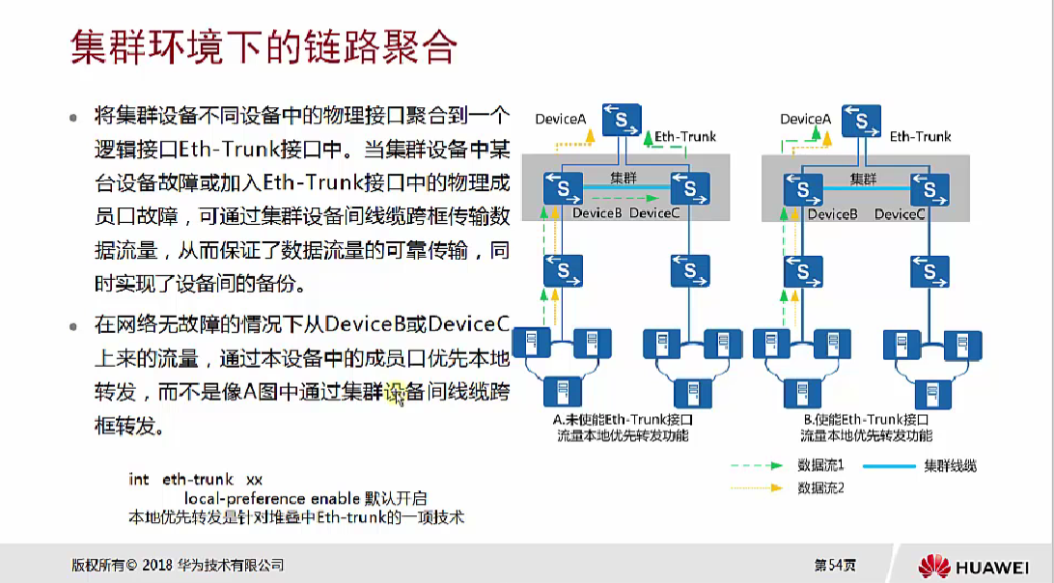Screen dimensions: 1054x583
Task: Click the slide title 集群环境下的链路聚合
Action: pyautogui.click(x=263, y=47)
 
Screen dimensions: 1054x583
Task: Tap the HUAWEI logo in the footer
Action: pyautogui.click(x=975, y=565)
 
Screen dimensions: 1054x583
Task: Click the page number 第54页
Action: pyautogui.click(x=835, y=565)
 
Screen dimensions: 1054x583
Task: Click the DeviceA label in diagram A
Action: pyautogui.click(x=561, y=119)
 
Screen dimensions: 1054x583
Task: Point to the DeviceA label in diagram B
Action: pyautogui.click(x=805, y=119)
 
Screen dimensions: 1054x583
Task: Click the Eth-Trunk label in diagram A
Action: pyautogui.click(x=685, y=137)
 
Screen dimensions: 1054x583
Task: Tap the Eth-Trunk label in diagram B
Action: pyautogui.click(x=920, y=137)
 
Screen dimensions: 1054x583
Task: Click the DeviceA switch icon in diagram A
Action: pyautogui.click(x=622, y=121)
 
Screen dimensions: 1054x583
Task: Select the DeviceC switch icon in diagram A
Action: pyautogui.click(x=690, y=186)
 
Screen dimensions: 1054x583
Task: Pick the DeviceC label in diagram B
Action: pyautogui.click(x=900, y=214)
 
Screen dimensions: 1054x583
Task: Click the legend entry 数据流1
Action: pyautogui.click(x=821, y=465)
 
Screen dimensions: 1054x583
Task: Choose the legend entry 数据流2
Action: pyautogui.click(x=821, y=488)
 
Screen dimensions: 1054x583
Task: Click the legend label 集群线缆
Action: pyautogui.click(x=950, y=465)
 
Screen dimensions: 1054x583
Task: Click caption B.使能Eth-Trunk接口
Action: pyautogui.click(x=866, y=421)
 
